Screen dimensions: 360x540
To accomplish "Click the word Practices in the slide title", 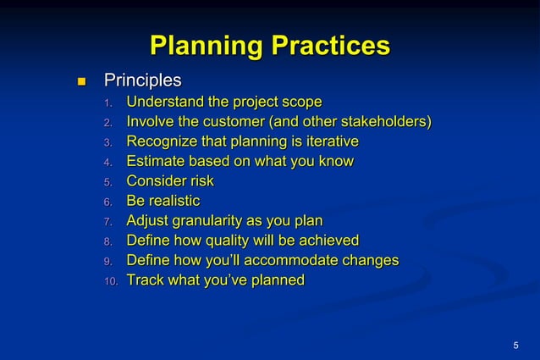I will pos(328,46).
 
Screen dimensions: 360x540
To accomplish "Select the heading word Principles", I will pos(142,81).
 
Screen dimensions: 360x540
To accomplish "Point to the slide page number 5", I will pos(516,344).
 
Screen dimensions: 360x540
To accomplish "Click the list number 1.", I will pos(107,104).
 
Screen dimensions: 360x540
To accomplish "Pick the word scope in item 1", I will pos(300,102).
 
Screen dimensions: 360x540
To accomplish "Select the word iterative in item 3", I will pos(328,141).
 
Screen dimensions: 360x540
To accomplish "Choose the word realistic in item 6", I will pos(174,201).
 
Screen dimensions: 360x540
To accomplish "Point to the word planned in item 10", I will pos(274,280).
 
